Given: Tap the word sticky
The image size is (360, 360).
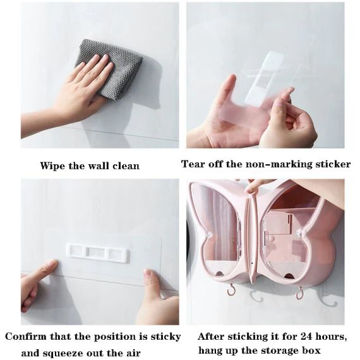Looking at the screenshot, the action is click(x=165, y=337).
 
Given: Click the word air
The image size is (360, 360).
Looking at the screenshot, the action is click(x=133, y=352).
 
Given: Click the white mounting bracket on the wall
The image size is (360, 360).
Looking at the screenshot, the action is click(x=98, y=253).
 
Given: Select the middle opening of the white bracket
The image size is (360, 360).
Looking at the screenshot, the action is click(x=97, y=253).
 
